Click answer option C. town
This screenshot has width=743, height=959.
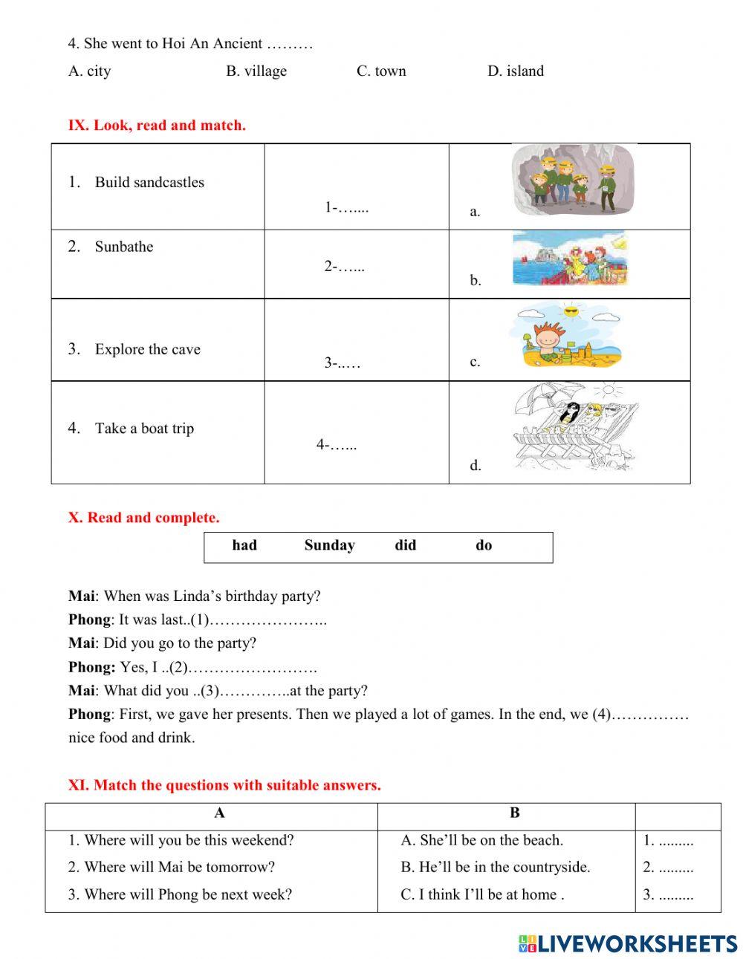(x=381, y=71)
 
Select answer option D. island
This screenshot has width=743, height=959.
(x=515, y=71)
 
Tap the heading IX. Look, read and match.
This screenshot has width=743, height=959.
(x=157, y=126)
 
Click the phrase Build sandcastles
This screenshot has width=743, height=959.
(x=149, y=183)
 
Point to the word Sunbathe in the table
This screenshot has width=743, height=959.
(x=123, y=247)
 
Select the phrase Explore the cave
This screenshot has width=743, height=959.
(x=147, y=350)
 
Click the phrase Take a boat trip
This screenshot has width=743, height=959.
(x=144, y=429)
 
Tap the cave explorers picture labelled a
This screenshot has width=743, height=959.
(x=574, y=179)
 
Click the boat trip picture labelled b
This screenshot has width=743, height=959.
(x=570, y=259)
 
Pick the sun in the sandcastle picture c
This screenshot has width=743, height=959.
(x=571, y=311)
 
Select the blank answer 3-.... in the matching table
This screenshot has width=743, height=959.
(x=342, y=363)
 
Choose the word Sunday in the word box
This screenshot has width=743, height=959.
(x=329, y=546)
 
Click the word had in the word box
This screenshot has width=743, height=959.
(x=244, y=546)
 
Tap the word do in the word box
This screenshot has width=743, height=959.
(x=484, y=546)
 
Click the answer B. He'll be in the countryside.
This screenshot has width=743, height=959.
(x=495, y=868)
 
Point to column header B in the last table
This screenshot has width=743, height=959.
(x=514, y=813)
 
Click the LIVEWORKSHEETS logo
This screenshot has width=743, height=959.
(x=627, y=943)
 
